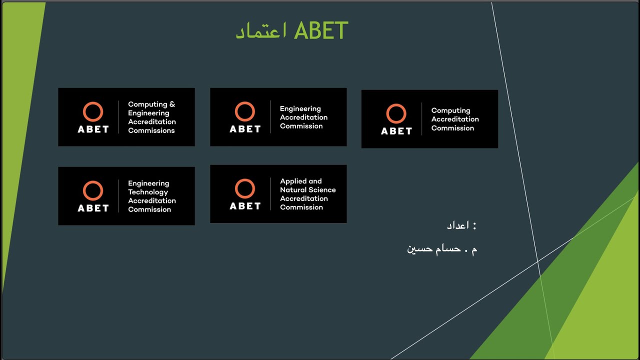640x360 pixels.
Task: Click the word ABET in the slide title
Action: click(x=321, y=31)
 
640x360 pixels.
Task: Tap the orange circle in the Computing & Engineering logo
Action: click(x=93, y=112)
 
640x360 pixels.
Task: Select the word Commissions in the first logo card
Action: click(x=151, y=130)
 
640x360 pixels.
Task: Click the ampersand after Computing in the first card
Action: click(x=172, y=104)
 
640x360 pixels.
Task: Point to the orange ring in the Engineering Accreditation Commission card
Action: click(x=245, y=112)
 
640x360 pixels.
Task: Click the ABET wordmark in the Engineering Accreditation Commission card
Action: click(x=245, y=129)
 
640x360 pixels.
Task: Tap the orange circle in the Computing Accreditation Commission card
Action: click(x=396, y=114)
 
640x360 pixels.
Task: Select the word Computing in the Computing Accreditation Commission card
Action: click(x=450, y=110)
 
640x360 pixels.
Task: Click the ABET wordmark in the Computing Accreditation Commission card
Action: click(x=396, y=131)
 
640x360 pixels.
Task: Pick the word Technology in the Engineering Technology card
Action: click(x=148, y=192)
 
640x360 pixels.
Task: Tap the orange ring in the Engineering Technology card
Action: click(x=93, y=191)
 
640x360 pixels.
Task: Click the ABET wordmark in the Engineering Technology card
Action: click(x=93, y=208)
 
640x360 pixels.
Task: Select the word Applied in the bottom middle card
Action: click(x=293, y=181)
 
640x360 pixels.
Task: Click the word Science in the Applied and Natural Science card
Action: click(x=322, y=190)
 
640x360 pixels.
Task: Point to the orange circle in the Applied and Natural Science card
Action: click(x=245, y=189)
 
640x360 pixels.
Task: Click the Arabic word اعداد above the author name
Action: click(x=457, y=225)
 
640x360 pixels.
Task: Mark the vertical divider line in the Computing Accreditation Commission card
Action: click(x=422, y=119)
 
